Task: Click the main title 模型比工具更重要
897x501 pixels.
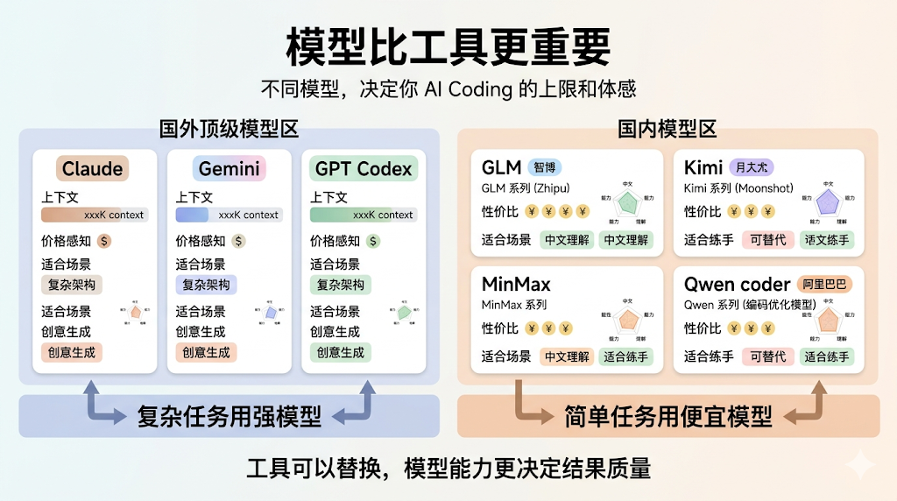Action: tap(448, 45)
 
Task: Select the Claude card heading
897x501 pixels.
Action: tap(94, 168)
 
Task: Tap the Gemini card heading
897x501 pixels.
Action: tap(229, 168)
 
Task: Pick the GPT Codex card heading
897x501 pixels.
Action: tap(364, 168)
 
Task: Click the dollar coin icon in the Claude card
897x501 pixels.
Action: tap(104, 241)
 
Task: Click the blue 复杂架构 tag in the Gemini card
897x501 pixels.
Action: tap(206, 285)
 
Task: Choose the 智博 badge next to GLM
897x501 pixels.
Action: tap(545, 167)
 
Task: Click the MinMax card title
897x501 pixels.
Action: tap(517, 284)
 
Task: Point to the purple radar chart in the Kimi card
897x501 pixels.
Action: tap(826, 204)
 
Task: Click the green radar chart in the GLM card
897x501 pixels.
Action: tap(627, 204)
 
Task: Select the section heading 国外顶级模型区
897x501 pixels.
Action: tap(229, 130)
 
